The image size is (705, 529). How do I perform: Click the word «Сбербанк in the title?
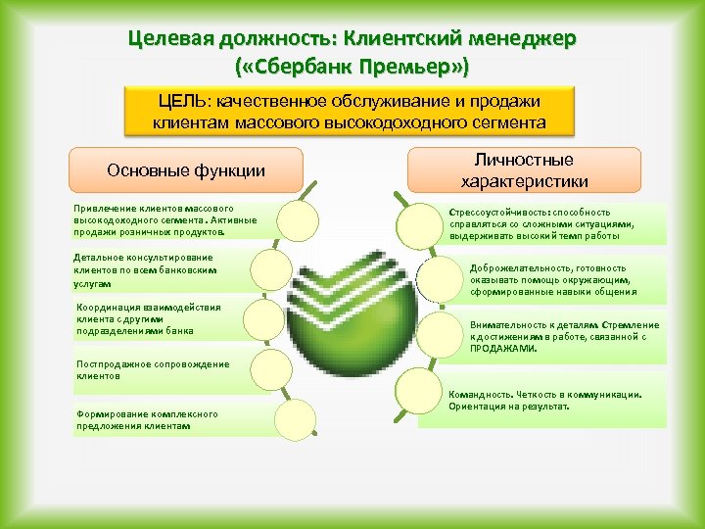(x=314, y=68)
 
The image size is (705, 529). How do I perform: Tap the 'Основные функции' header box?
(x=186, y=170)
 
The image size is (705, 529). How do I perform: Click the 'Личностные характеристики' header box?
(x=524, y=169)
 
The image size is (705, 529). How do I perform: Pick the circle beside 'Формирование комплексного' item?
(x=295, y=419)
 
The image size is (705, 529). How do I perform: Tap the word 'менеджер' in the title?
(x=528, y=39)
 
